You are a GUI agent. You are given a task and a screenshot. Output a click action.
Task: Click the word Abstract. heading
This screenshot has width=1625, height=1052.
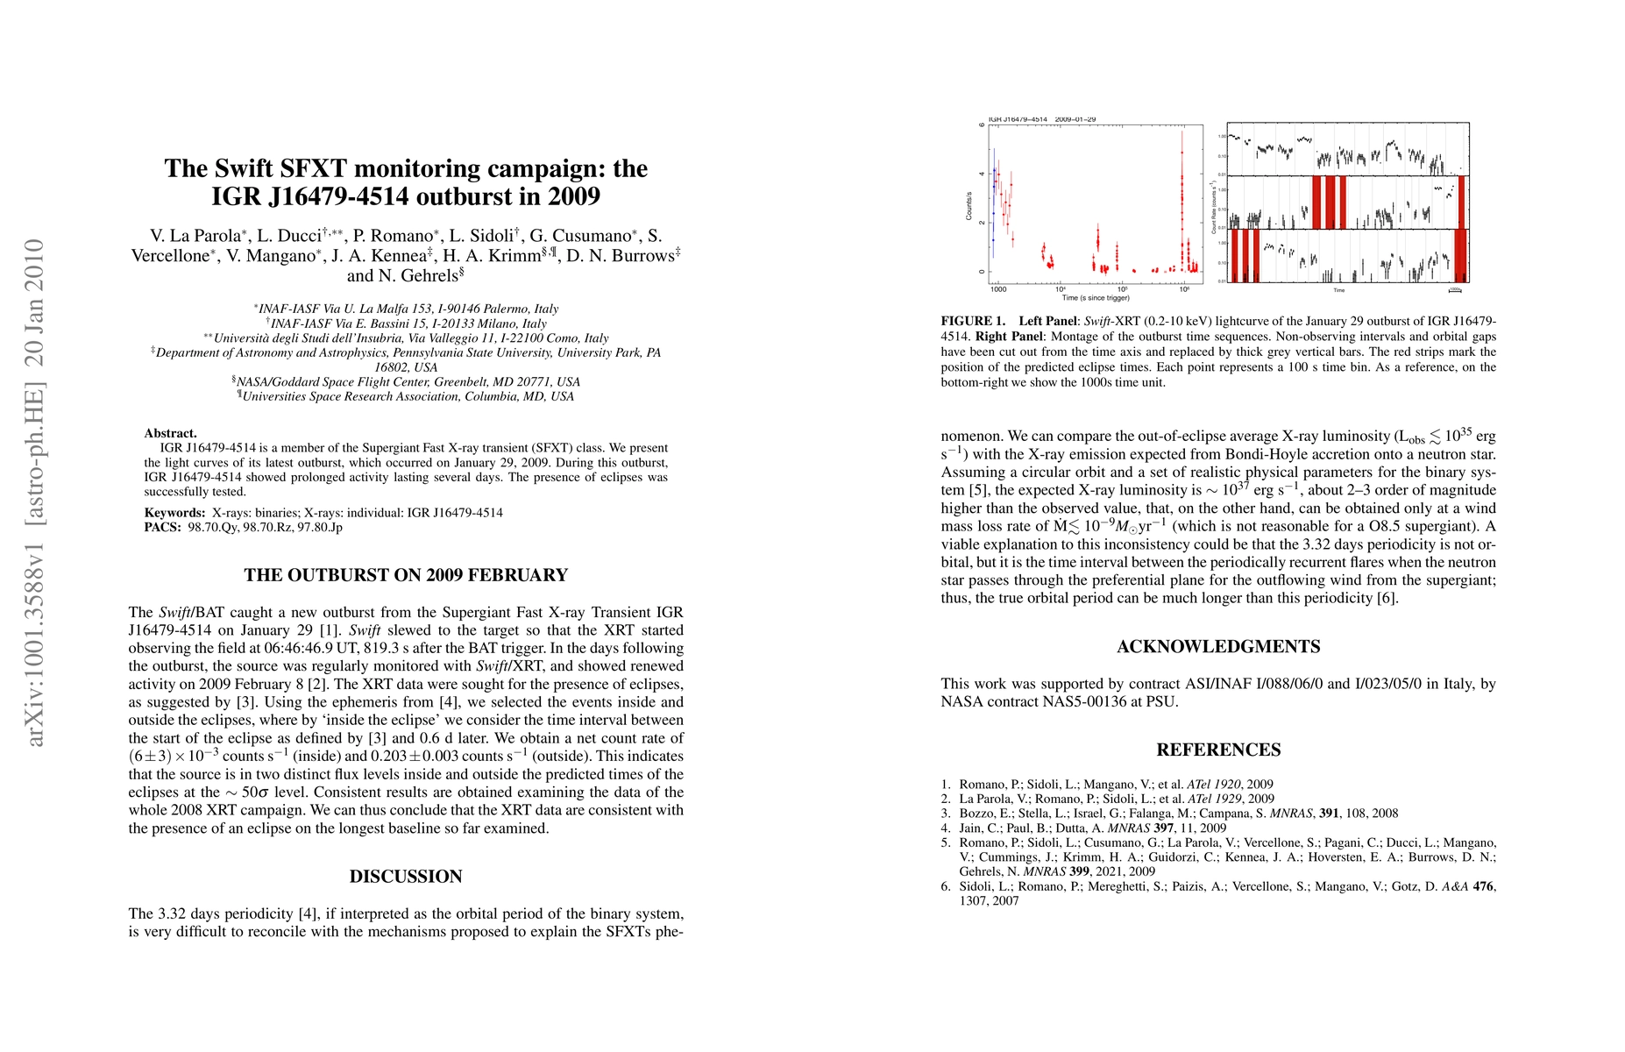click(x=171, y=433)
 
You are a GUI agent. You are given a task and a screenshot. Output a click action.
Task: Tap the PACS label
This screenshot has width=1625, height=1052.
click(x=162, y=528)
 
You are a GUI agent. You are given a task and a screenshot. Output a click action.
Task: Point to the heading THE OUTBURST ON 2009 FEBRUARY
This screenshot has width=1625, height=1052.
click(x=406, y=575)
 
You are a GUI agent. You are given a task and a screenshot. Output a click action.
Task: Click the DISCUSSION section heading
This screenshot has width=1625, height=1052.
click(x=406, y=877)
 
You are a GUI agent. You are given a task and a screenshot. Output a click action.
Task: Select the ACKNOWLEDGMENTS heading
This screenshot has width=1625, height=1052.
click(x=1218, y=647)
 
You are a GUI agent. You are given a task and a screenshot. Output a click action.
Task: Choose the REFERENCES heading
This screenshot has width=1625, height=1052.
click(x=1218, y=750)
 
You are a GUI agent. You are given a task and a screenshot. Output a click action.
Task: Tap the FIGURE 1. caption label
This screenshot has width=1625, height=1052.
click(x=973, y=322)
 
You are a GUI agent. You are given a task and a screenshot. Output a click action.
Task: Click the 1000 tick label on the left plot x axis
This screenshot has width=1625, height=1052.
click(x=998, y=288)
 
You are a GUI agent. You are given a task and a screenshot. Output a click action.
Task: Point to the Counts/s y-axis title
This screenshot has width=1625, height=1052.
click(x=969, y=206)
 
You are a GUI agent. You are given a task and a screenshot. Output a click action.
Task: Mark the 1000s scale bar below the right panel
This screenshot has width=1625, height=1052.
click(x=1455, y=289)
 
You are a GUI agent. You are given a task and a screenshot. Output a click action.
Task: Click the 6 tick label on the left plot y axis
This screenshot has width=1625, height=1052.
click(x=982, y=125)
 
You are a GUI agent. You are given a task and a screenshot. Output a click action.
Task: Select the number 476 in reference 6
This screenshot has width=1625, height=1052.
click(x=1484, y=886)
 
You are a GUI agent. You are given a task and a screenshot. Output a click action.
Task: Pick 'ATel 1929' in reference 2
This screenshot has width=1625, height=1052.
click(x=1214, y=799)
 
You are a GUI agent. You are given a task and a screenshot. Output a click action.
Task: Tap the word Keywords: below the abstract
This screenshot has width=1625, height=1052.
click(x=175, y=513)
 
